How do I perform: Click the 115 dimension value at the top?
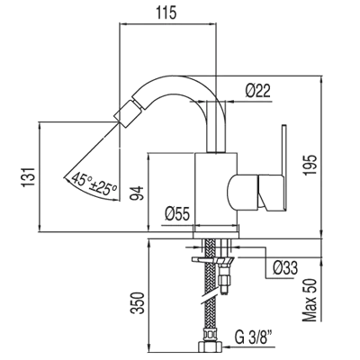tap(166, 13)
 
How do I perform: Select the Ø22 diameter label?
tap(257, 90)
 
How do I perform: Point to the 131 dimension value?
tap(29, 177)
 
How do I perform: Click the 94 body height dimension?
tap(137, 193)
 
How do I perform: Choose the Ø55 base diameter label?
tap(177, 214)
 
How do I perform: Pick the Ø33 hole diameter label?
tap(285, 268)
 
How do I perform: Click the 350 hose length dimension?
tap(137, 302)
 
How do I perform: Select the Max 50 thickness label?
tap(310, 300)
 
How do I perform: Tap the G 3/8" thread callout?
tap(254, 337)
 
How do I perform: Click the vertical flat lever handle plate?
tap(284, 166)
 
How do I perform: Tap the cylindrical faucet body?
tap(216, 188)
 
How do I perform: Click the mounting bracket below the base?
tap(212, 260)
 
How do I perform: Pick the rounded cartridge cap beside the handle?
tap(242, 192)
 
